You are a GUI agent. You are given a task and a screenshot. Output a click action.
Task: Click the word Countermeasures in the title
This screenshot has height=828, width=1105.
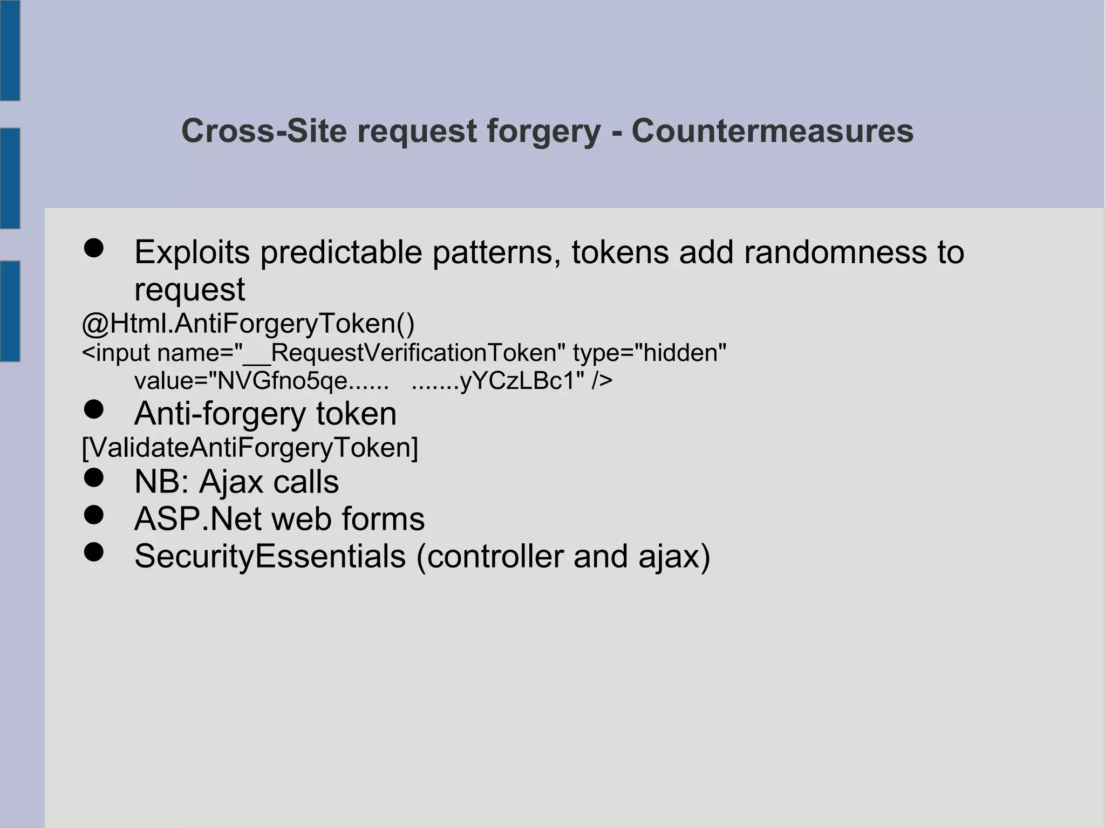[772, 131]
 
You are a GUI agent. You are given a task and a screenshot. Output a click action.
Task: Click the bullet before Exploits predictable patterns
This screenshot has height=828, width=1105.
[94, 249]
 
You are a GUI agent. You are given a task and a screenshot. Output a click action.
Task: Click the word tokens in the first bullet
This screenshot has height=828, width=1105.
[619, 252]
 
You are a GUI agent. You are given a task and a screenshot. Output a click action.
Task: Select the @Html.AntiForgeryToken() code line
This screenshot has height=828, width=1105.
[248, 324]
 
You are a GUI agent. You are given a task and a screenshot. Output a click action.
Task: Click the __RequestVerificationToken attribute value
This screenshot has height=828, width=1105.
[413, 353]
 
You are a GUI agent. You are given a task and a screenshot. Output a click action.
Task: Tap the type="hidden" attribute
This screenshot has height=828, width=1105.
[650, 353]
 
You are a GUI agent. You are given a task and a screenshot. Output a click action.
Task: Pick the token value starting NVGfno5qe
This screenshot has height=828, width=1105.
[302, 381]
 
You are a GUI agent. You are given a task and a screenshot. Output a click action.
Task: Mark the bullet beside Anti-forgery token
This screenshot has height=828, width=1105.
[94, 410]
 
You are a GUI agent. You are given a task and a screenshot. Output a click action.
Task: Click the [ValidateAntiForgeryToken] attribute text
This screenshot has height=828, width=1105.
[250, 448]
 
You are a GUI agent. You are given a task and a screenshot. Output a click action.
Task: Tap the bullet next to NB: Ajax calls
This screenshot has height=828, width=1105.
[94, 478]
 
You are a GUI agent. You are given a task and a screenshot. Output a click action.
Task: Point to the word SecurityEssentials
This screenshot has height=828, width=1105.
[270, 556]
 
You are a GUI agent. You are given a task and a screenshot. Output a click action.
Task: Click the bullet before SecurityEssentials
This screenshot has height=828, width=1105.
[94, 552]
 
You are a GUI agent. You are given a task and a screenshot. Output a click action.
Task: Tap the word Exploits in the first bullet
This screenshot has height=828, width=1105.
[192, 252]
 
